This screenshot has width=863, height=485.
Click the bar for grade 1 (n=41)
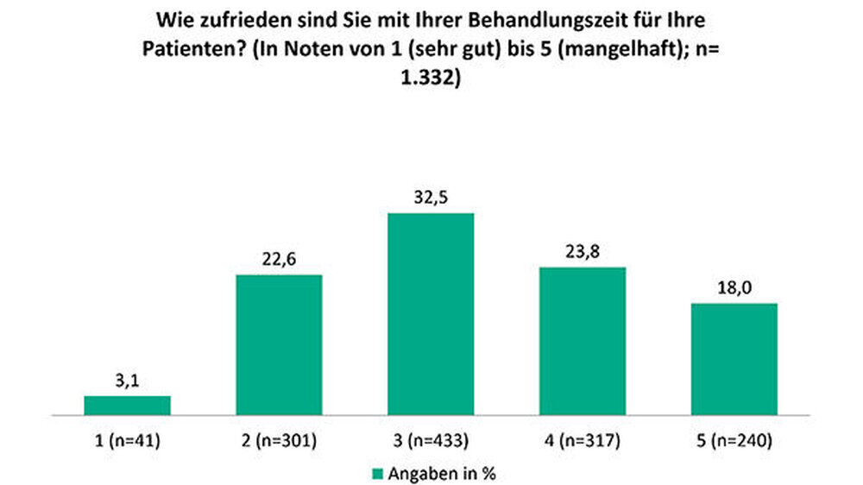pos(127,406)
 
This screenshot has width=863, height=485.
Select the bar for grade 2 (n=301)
pos(279,345)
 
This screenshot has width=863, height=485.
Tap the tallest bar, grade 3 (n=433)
pos(431,314)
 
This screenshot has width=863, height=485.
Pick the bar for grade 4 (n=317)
pos(583,342)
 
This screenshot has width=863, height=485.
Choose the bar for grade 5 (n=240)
pos(734,360)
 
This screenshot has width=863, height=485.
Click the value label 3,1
pos(127,379)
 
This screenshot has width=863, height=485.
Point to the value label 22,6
pos(279,258)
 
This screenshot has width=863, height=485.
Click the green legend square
pos(375,473)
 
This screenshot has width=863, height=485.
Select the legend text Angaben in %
pos(440,473)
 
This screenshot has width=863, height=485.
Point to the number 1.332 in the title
pos(431,75)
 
